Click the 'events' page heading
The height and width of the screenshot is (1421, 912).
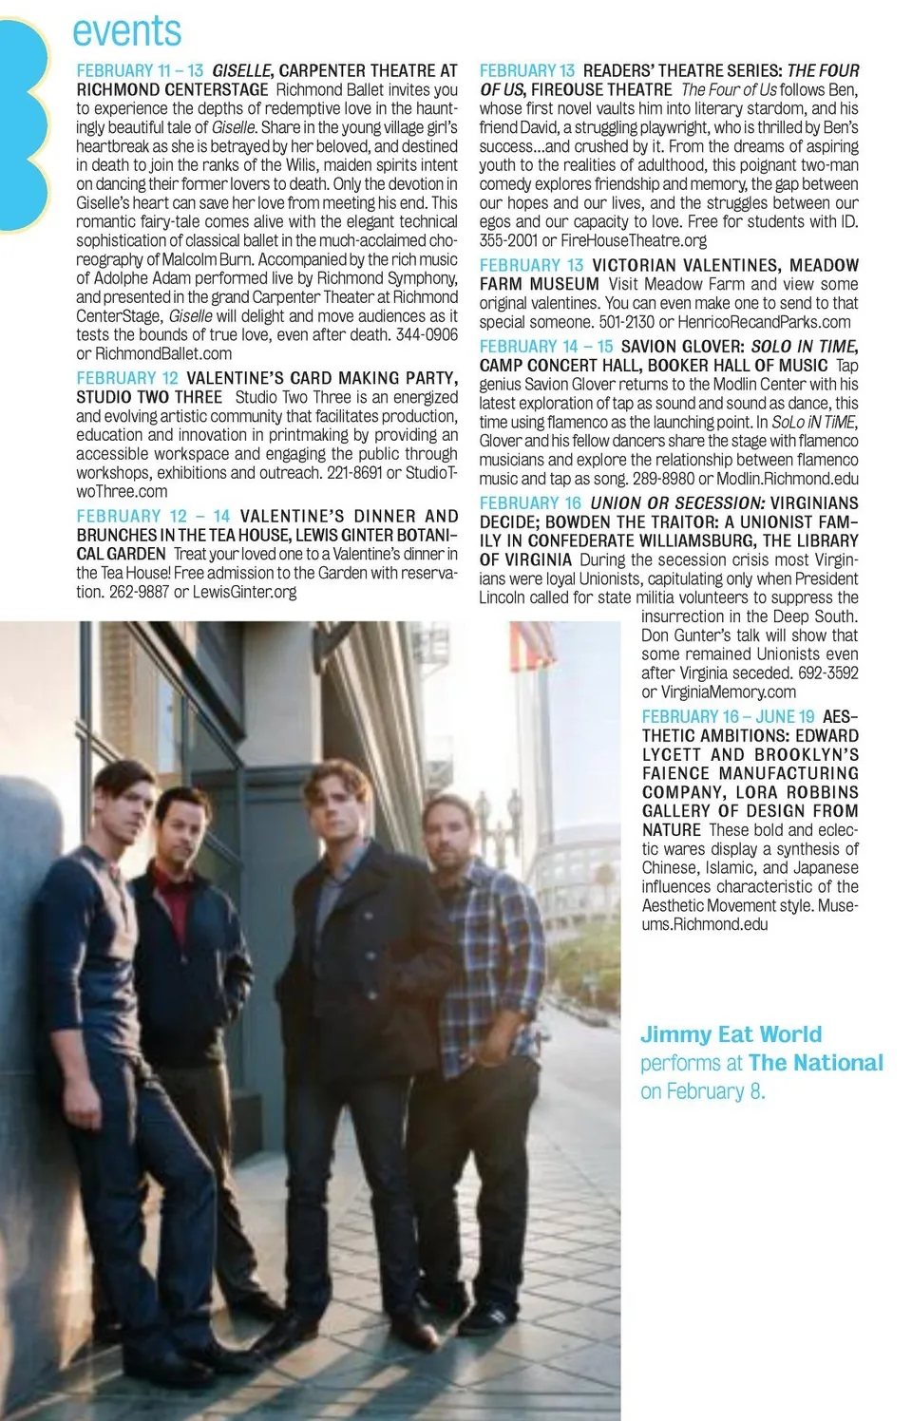pos(126,32)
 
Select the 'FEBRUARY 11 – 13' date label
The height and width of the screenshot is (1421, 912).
pos(140,71)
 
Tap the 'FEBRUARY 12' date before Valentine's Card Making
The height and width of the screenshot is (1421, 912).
pos(127,378)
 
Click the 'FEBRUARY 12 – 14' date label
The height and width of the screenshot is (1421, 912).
pos(153,516)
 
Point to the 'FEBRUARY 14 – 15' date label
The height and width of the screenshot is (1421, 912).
pos(546,347)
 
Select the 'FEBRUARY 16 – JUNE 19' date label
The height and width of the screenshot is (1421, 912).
pos(728,717)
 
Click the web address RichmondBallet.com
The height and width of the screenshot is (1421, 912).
pos(163,354)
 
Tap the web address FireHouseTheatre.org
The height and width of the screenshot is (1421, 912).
pos(634,241)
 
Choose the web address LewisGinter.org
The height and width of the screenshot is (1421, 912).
pos(245,592)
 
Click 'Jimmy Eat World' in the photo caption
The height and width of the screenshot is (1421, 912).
pos(731,1034)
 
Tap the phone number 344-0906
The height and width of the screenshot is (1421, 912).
pos(427,335)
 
